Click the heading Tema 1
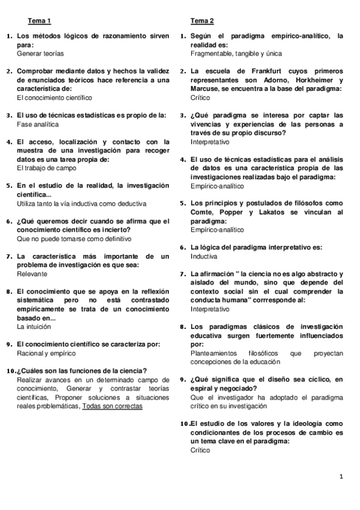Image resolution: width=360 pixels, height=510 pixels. click(x=40, y=21)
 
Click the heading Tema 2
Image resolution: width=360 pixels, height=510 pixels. click(x=202, y=21)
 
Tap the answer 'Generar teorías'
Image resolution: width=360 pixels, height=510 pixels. click(x=40, y=54)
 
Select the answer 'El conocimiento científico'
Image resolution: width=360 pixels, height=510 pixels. click(x=55, y=97)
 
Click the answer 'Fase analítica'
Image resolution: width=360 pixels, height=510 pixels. click(x=38, y=124)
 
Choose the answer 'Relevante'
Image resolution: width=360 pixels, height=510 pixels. click(x=32, y=274)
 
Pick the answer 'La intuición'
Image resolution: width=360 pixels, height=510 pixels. click(x=34, y=327)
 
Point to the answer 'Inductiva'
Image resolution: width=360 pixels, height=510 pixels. click(x=204, y=256)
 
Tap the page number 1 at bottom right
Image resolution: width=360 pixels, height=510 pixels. click(x=341, y=477)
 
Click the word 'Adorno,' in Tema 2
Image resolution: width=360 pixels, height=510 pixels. click(x=273, y=79)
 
